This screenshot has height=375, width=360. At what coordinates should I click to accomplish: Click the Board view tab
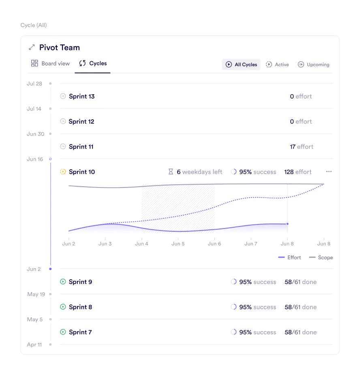51,63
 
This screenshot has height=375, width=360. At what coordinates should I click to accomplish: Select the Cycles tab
93,63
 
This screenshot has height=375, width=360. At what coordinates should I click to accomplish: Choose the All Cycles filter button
241,65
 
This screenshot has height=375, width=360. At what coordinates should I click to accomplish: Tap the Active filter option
277,65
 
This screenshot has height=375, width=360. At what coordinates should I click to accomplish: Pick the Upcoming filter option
313,65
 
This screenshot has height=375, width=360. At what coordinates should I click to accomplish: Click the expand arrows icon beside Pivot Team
32,47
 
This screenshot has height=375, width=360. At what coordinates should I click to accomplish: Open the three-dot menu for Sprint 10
329,172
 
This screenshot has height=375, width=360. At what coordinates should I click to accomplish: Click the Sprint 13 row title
81,96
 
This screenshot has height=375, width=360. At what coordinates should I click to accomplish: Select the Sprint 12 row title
81,121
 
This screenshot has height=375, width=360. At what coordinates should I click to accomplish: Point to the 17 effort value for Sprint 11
301,147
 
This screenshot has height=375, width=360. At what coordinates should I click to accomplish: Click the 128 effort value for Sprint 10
298,172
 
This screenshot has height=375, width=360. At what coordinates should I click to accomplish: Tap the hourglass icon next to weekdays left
171,172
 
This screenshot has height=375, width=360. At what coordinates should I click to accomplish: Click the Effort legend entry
290,257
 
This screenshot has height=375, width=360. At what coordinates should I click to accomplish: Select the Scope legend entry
321,257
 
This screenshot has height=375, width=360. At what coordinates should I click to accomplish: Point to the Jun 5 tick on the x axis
178,244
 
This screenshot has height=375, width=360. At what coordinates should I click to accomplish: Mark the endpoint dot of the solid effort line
287,224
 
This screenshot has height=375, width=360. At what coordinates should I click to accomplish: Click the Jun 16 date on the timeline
35,159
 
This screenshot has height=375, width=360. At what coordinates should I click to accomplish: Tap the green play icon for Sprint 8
63,307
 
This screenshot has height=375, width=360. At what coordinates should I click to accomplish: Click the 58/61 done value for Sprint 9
300,282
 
